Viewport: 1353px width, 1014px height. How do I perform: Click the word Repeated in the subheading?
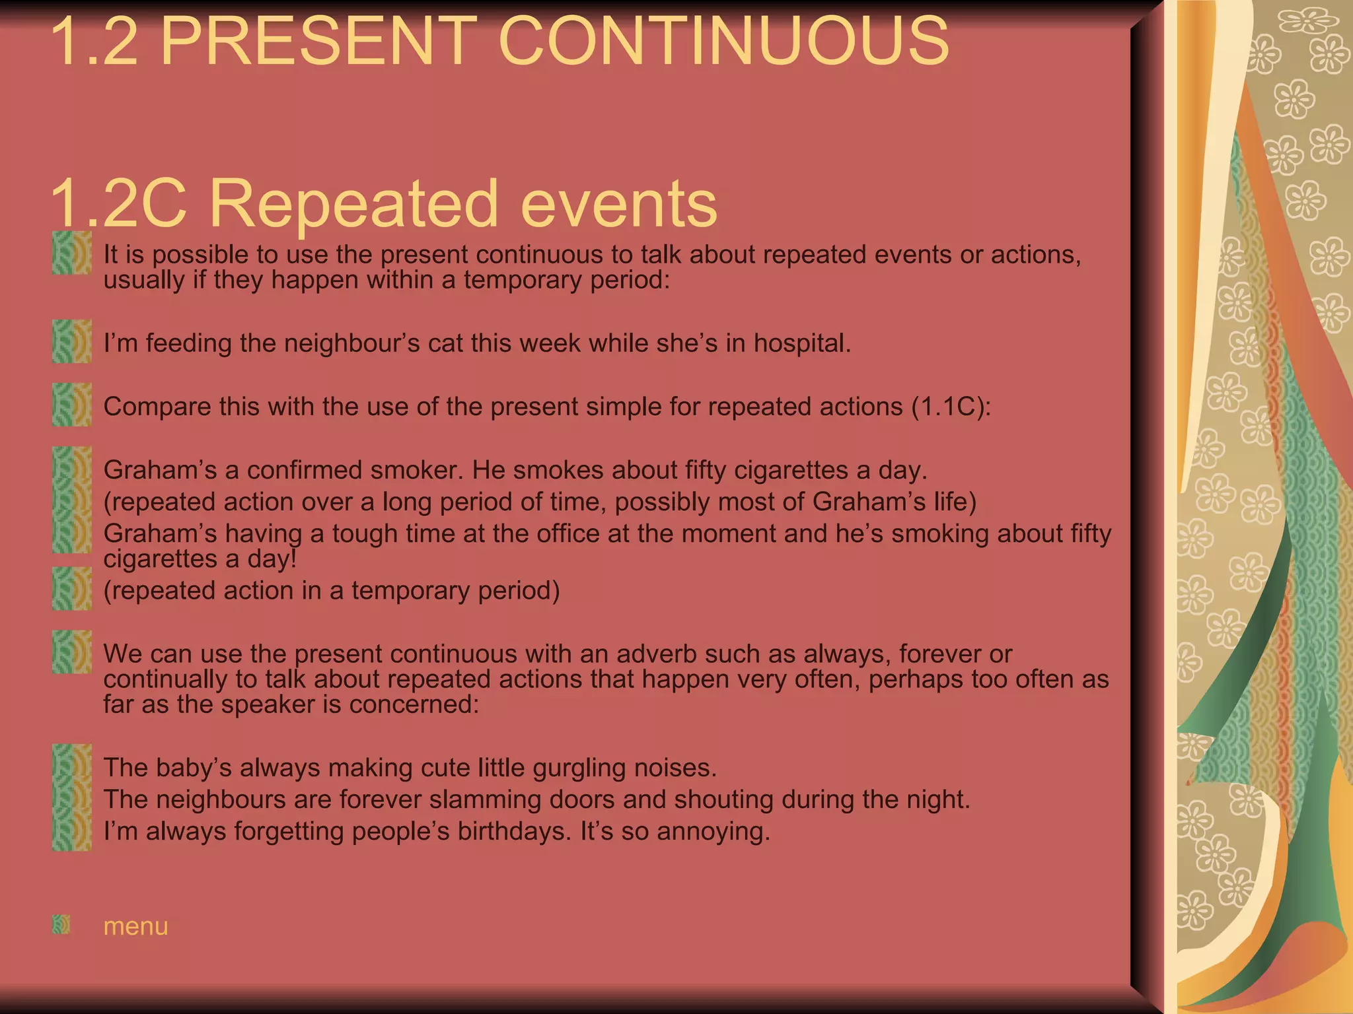click(353, 203)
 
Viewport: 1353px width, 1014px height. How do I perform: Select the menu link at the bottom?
click(135, 926)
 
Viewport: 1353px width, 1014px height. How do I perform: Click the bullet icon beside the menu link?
click(61, 924)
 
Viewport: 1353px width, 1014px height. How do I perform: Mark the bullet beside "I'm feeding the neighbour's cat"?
click(72, 341)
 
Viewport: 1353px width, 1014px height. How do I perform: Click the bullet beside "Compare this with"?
click(72, 405)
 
